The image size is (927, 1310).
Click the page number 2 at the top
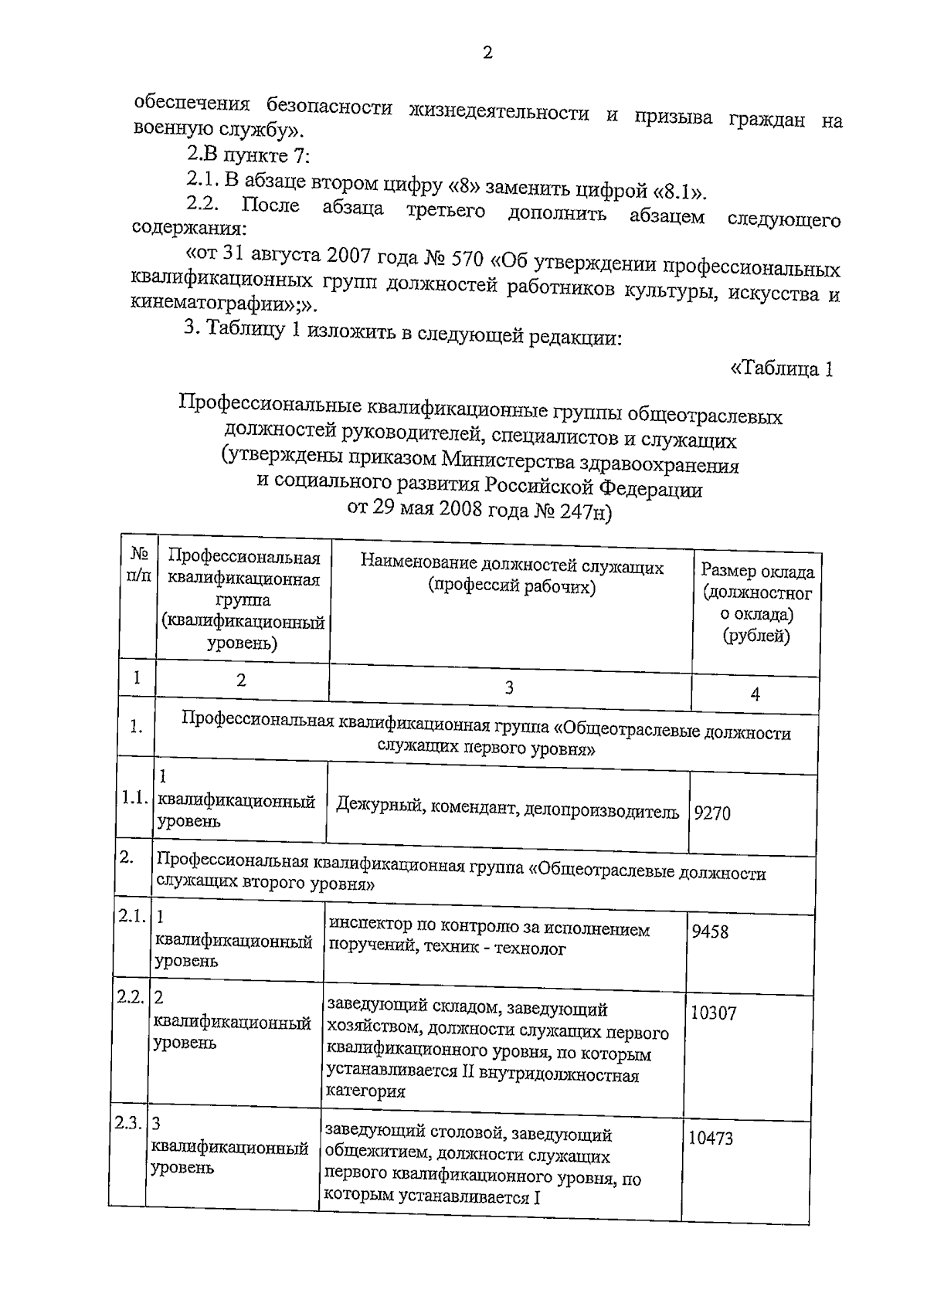[487, 53]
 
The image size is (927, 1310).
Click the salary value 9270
[712, 813]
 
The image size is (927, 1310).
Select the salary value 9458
[710, 932]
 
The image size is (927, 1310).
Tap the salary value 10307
[713, 1012]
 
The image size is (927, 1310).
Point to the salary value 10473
[711, 1138]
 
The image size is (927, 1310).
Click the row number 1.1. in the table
[134, 799]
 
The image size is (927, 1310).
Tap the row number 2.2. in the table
[129, 996]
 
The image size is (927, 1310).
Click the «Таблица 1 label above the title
[781, 368]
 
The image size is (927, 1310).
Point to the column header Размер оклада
[757, 572]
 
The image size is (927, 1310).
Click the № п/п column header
[139, 565]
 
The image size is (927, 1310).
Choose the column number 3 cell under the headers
[509, 687]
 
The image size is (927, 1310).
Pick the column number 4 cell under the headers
[755, 694]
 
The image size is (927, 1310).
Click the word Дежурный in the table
[379, 808]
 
